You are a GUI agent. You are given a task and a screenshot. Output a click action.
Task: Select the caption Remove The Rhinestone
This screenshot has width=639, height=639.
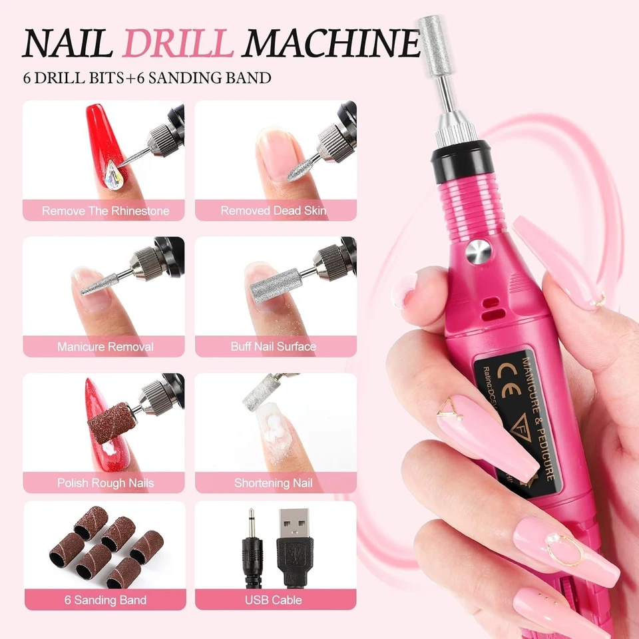coord(105,211)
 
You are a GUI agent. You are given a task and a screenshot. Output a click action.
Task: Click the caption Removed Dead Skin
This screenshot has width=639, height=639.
coord(274,211)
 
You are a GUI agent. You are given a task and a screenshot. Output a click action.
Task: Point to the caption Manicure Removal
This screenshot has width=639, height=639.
coord(105,347)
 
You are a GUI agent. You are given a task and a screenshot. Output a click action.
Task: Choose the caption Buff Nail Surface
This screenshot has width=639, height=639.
coord(274,347)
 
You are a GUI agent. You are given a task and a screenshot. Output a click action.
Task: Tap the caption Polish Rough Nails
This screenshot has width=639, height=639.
coord(105,483)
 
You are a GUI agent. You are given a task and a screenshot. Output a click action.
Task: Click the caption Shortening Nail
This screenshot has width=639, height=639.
coord(274,483)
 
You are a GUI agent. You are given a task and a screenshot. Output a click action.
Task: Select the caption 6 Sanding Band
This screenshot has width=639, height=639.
coord(105,600)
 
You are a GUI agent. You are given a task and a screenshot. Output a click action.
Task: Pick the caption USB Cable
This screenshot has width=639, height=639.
coord(274,600)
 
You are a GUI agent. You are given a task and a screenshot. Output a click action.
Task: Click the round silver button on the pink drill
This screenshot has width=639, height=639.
coord(477,252)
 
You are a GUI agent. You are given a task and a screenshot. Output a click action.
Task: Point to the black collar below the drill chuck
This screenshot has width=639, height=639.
coord(459,160)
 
